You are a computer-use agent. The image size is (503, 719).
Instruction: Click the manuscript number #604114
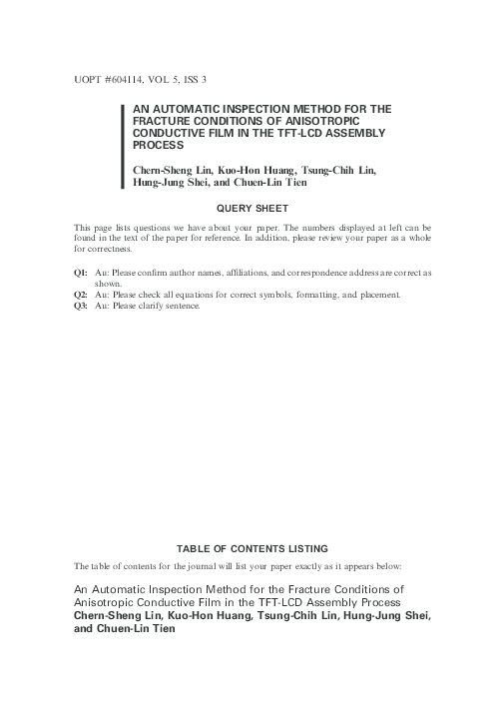coord(112,78)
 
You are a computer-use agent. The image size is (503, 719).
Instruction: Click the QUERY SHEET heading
coord(251,208)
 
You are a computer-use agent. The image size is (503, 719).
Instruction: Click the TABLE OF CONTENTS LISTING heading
coord(251,549)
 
